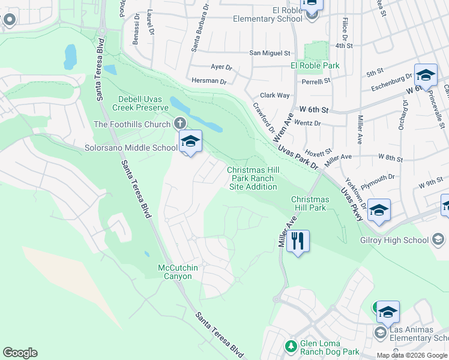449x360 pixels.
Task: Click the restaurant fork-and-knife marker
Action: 298,241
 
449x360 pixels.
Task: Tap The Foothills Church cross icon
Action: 179,124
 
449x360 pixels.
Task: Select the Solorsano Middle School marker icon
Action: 190,142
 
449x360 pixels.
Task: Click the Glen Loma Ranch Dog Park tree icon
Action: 291,346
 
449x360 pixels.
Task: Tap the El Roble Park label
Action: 315,65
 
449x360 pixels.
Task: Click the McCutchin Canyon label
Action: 175,272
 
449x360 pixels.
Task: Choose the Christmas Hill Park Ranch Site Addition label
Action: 253,178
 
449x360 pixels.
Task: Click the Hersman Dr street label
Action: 209,81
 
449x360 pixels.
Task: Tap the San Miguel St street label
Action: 270,53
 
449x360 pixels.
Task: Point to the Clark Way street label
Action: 274,95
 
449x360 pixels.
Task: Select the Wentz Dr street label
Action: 309,123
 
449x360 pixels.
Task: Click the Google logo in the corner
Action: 20,353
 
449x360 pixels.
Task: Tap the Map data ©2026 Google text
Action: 412,355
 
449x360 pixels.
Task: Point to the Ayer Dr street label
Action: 221,67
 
